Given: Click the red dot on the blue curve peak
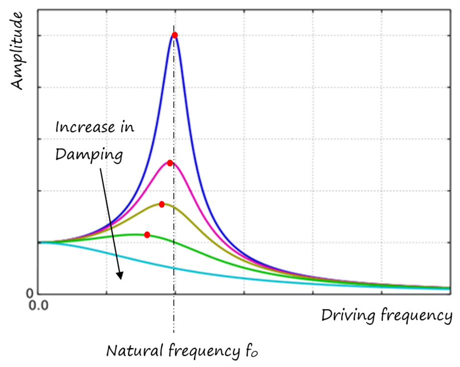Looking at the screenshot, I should pos(174,35).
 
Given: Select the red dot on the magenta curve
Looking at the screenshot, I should pos(170,163).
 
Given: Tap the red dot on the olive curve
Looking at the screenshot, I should pos(162,204).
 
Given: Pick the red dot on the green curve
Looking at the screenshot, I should pos(147,235).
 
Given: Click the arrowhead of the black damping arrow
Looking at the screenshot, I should pos(119,276).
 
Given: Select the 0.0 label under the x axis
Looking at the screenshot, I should pos(38,305).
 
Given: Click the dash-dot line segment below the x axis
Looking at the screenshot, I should pos(174,316).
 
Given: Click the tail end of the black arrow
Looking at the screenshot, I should pos(102,168).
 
